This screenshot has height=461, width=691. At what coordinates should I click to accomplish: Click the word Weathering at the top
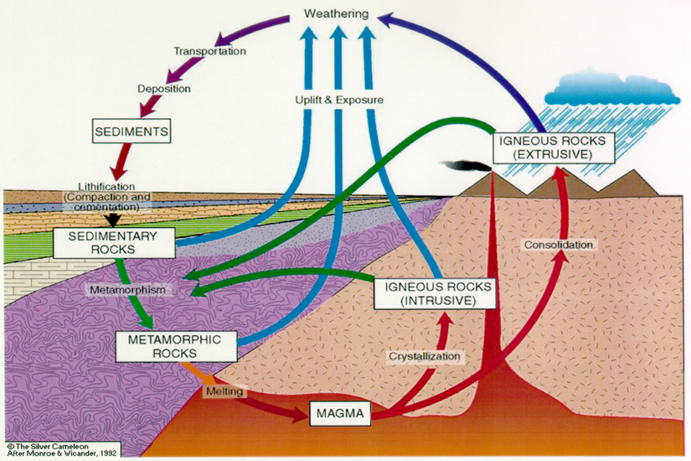pos(341,15)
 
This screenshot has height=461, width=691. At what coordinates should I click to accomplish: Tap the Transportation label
pos(210,52)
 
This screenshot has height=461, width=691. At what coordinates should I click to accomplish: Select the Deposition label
pos(164,88)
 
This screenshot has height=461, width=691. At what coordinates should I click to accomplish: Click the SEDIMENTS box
pos(132,131)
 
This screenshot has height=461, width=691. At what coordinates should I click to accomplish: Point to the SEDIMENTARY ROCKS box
pos(114,243)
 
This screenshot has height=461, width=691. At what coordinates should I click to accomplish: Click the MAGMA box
pos(338,413)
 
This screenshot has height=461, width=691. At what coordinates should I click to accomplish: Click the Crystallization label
pos(425,356)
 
